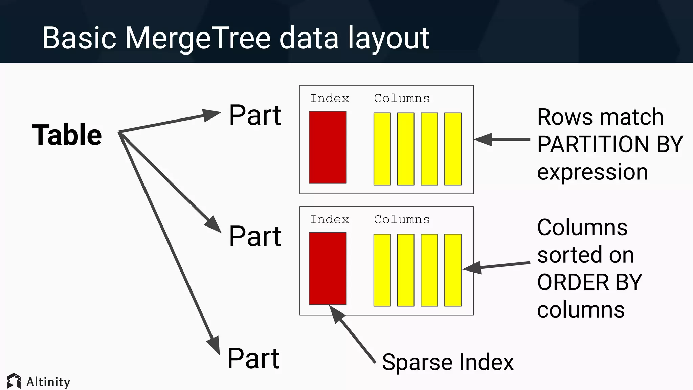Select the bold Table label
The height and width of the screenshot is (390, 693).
tap(67, 135)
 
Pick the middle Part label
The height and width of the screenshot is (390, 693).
tap(255, 236)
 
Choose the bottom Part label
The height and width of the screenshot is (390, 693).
tap(253, 358)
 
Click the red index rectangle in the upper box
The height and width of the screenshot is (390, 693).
tap(328, 147)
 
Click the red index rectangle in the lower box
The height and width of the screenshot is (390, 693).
tap(328, 268)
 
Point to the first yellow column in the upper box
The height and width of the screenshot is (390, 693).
tap(382, 149)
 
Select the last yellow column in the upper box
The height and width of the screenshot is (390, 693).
tap(453, 149)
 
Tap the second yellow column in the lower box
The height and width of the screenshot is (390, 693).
tap(406, 270)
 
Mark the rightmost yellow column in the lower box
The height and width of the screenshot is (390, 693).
tap(453, 270)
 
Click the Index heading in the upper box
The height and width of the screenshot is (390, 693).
tap(329, 99)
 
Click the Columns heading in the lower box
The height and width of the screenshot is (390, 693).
tap(402, 220)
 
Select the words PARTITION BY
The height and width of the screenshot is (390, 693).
tap(610, 145)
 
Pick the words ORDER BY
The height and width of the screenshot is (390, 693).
tap(589, 282)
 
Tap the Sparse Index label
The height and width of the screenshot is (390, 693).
tap(448, 362)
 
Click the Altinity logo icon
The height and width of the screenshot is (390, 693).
tap(14, 381)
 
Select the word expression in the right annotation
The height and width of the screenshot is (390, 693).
tap(592, 172)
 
